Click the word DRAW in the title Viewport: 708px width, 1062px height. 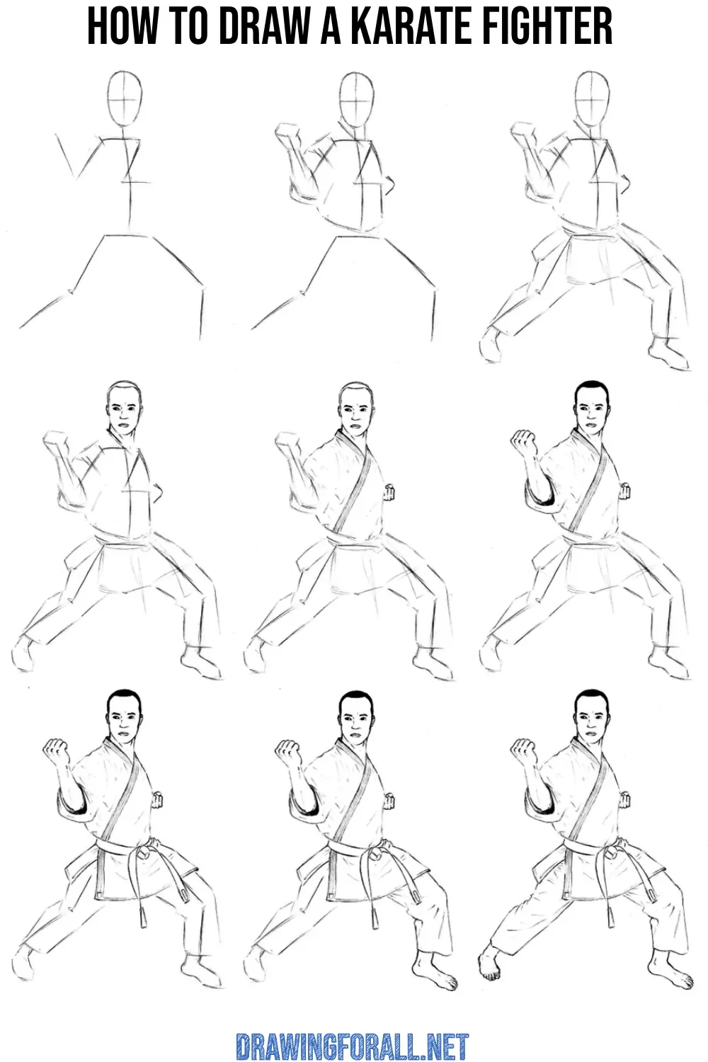[261, 26]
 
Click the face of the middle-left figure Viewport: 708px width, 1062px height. [125, 414]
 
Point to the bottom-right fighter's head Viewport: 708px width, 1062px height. [591, 719]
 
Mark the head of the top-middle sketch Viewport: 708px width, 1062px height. [358, 99]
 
